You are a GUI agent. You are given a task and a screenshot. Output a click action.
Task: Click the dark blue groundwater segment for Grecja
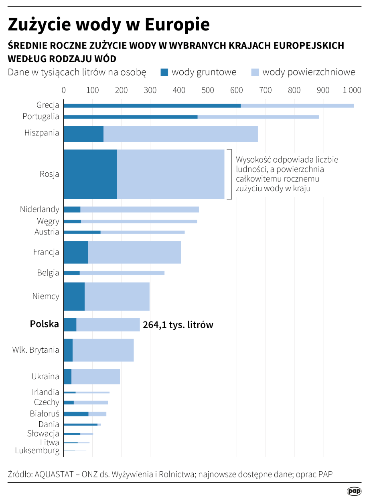(152, 105)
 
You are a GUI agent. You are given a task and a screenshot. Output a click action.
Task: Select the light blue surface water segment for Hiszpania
(180, 134)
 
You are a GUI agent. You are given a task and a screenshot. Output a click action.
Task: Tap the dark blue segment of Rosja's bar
(90, 174)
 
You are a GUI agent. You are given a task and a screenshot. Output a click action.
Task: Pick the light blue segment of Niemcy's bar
(117, 297)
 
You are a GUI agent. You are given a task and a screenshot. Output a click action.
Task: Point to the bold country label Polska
(45, 324)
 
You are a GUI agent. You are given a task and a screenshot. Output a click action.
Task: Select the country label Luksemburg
(37, 450)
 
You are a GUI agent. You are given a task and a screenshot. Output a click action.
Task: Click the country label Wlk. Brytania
(36, 350)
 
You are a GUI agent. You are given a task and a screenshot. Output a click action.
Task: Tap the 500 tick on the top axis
(208, 90)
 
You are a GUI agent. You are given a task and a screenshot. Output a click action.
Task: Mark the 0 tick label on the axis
(64, 90)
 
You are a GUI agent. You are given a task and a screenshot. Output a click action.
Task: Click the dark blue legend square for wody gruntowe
(164, 73)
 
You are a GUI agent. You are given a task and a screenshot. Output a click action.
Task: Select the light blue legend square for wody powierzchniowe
(255, 73)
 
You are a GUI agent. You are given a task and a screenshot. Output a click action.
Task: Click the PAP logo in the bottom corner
(354, 491)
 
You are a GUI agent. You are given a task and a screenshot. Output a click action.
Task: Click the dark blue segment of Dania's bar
(81, 424)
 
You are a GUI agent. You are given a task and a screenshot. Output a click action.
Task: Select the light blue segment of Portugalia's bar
(258, 117)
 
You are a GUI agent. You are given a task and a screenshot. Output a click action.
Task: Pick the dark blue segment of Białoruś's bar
(76, 414)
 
